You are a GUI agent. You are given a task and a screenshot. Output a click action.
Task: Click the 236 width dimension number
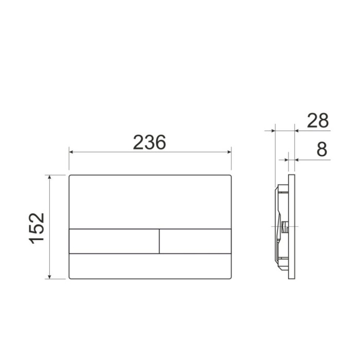click(x=149, y=142)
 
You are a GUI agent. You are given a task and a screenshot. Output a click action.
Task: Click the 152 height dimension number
click(x=37, y=228)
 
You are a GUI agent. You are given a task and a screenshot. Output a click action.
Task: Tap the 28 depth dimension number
click(x=318, y=121)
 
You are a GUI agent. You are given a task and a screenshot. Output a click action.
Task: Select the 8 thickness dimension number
click(x=322, y=150)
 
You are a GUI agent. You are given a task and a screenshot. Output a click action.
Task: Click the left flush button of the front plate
click(x=114, y=241)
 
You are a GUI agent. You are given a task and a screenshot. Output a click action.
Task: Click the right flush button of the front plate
click(x=195, y=241)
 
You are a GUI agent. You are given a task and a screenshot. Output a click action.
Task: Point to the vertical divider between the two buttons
click(x=159, y=241)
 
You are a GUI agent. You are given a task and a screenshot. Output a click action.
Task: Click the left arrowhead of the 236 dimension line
click(x=71, y=152)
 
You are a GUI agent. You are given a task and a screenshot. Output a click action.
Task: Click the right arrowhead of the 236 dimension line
click(x=229, y=152)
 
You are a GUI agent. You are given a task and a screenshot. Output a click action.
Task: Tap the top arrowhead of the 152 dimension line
click(x=49, y=177)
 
